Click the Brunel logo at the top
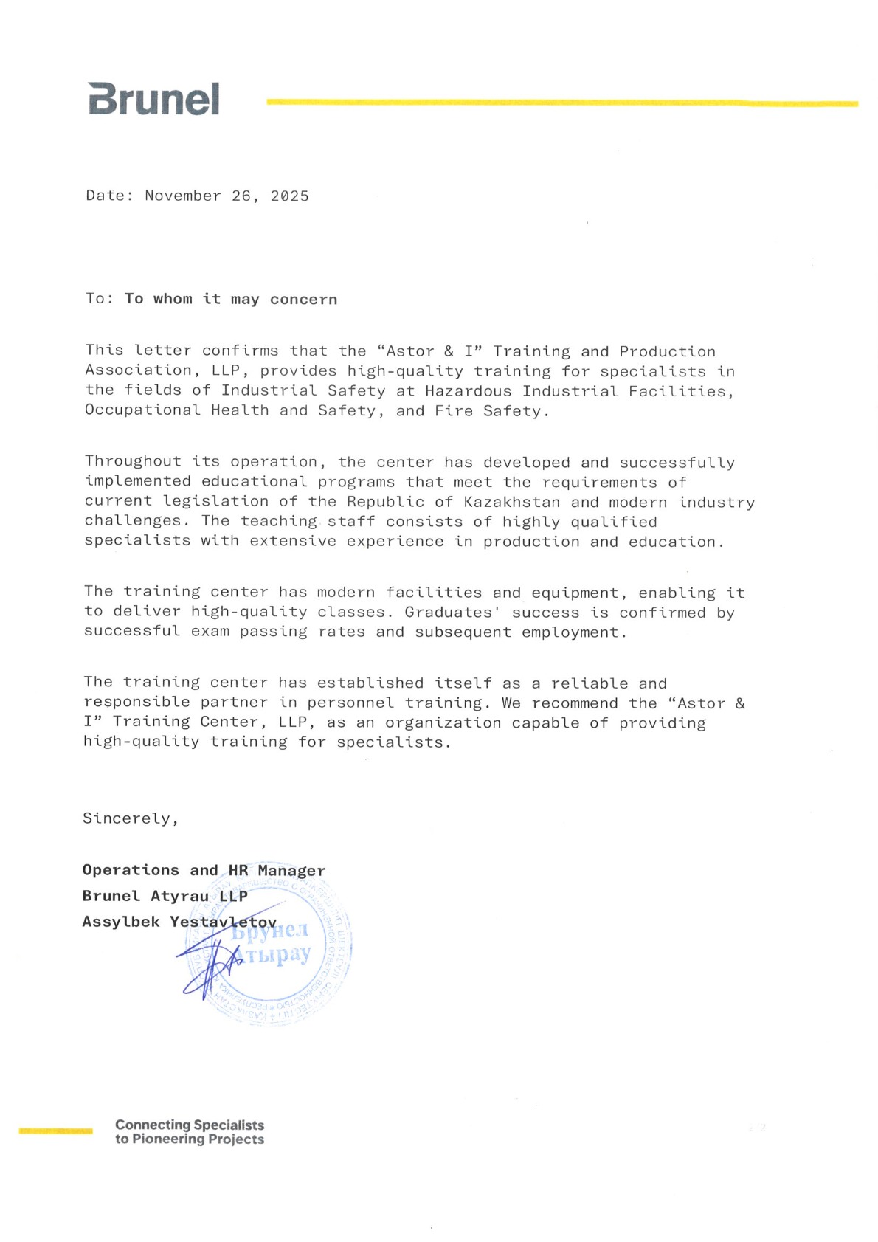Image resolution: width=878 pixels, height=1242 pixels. tap(153, 99)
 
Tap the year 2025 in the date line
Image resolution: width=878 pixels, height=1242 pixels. tap(289, 196)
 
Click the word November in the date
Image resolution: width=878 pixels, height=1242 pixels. tap(183, 196)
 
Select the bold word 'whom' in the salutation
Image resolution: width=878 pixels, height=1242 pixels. tap(173, 299)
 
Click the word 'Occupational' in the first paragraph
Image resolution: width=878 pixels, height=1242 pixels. tap(142, 410)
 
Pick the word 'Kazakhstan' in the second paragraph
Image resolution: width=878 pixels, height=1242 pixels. tap(512, 502)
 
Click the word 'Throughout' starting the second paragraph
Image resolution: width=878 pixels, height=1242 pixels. tap(133, 461)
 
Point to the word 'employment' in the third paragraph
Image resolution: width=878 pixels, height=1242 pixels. tap(570, 632)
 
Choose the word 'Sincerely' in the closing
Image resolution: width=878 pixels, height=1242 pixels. tap(126, 818)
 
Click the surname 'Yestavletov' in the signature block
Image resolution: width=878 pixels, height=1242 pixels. tap(223, 922)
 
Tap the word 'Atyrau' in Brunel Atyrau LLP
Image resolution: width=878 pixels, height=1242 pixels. tap(179, 896)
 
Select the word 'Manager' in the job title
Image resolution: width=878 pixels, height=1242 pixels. tap(291, 871)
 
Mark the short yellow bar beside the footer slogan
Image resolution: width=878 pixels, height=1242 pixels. tap(56, 1131)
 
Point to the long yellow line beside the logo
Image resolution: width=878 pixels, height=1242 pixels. tap(561, 103)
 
